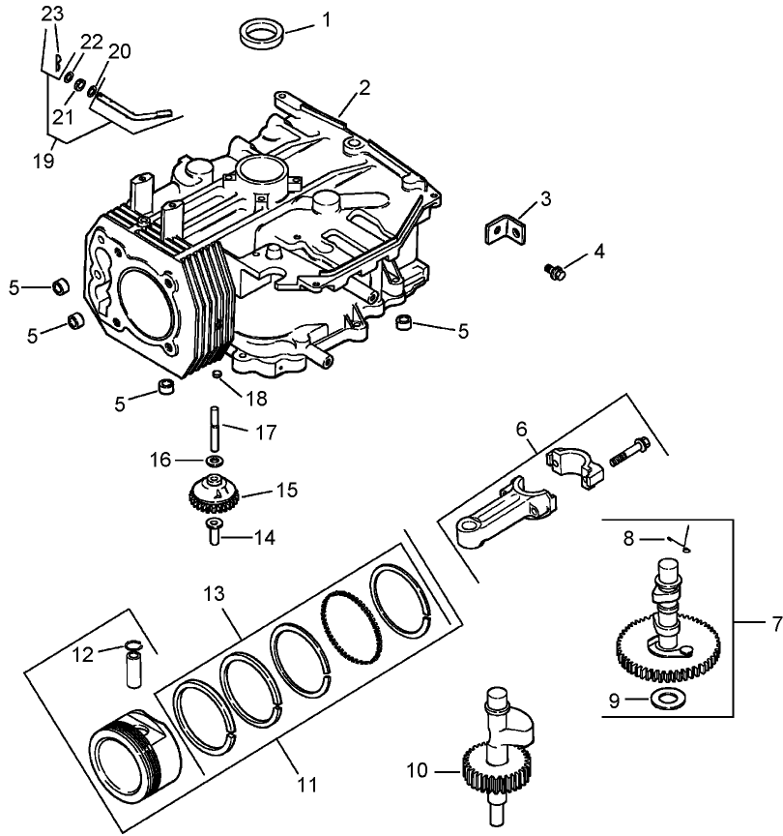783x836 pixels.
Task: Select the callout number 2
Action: (363, 88)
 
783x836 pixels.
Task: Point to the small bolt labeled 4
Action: (556, 271)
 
